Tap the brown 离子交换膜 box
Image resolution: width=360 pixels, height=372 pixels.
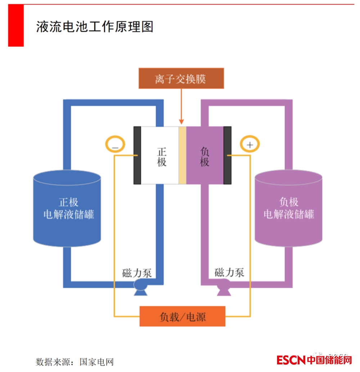181,78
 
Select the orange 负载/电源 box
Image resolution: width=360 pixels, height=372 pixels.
182,316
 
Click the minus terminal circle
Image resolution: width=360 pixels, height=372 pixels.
115,145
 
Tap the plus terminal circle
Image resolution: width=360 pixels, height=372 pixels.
249,145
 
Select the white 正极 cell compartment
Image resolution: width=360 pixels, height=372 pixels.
160,155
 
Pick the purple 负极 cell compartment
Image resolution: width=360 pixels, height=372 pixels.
204,155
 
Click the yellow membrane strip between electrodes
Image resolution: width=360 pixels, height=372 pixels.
182,155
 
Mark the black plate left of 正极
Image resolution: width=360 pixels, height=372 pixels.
137,155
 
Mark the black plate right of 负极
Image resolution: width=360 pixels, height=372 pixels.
228,155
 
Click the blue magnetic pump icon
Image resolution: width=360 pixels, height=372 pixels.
140,287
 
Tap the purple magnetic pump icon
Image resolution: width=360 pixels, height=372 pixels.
224,287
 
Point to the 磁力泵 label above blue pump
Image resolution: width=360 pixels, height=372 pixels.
137,273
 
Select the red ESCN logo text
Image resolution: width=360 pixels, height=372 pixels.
291,360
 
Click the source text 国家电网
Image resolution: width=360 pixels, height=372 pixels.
96,362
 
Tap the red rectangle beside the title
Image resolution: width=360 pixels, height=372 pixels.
16,26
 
